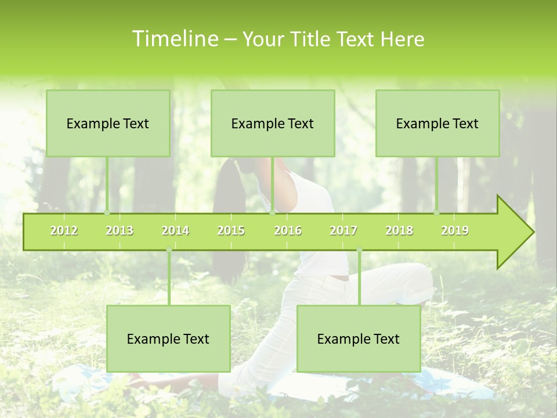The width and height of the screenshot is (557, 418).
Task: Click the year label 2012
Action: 64,230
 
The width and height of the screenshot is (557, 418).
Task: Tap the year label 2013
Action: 120,230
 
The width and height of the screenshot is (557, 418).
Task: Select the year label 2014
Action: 175,230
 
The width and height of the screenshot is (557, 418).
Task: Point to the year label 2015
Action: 231,230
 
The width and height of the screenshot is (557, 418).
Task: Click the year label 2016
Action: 288,230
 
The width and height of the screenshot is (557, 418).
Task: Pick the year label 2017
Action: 343,230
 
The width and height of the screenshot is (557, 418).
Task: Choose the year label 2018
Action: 399,230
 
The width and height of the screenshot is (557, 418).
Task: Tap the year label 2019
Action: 455,230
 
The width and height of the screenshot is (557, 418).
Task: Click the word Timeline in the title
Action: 175,39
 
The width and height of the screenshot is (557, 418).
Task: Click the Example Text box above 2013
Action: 108,123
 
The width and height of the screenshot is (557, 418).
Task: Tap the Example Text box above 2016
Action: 273,123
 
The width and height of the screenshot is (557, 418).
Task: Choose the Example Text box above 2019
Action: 437,123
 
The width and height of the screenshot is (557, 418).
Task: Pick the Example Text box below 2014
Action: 168,338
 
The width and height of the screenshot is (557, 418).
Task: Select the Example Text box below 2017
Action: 359,338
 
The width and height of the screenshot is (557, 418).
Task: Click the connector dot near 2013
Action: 107,212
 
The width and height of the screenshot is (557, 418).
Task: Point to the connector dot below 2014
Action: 169,250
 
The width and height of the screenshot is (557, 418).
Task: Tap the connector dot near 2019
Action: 436,212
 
